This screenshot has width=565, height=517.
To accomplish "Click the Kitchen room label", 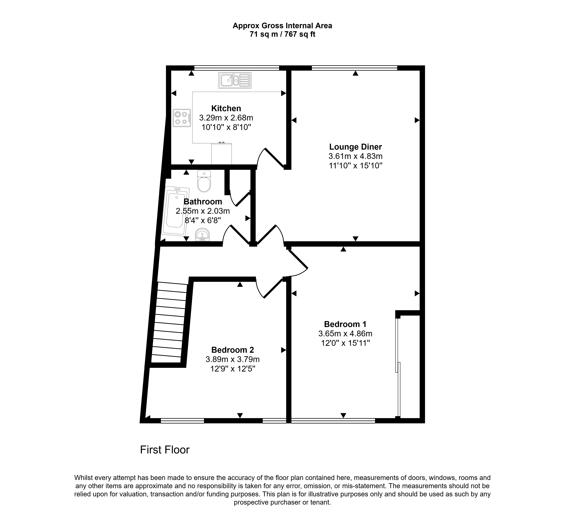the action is pyautogui.click(x=226, y=108).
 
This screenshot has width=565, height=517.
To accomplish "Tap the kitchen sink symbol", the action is pyautogui.click(x=235, y=80).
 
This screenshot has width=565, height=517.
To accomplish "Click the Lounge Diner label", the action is pyautogui.click(x=355, y=147).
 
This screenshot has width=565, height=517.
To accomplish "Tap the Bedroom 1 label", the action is pyautogui.click(x=345, y=324).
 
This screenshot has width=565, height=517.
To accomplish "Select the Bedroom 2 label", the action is pyautogui.click(x=233, y=350).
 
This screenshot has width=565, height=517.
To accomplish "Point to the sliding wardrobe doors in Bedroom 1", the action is pyautogui.click(x=398, y=367).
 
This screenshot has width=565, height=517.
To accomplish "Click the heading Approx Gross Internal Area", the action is pyautogui.click(x=282, y=26).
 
